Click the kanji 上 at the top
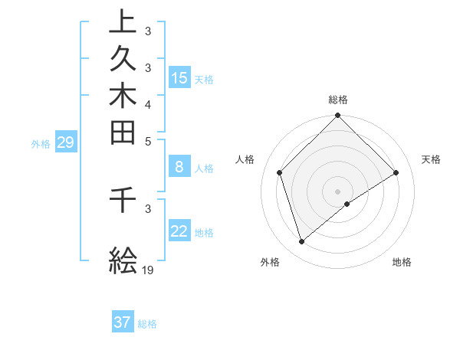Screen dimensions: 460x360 click(x=123, y=21)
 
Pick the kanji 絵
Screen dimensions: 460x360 click(x=123, y=260)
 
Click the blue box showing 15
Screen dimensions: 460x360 click(x=179, y=77)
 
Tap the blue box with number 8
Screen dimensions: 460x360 click(x=179, y=168)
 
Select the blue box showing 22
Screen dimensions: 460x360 click(x=179, y=231)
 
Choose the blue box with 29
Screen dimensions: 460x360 click(x=65, y=142)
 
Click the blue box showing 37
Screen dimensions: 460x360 click(x=123, y=322)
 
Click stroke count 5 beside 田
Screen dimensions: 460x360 click(x=148, y=141)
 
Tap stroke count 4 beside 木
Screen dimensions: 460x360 click(x=148, y=104)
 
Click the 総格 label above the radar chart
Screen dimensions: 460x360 click(x=338, y=100)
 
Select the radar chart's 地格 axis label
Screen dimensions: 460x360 click(x=402, y=263)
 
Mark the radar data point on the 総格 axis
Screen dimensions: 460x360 click(x=338, y=116)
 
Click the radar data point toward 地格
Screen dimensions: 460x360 click(x=347, y=204)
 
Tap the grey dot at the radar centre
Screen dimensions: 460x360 click(x=338, y=191)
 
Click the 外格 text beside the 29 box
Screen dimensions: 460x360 click(x=41, y=142)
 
